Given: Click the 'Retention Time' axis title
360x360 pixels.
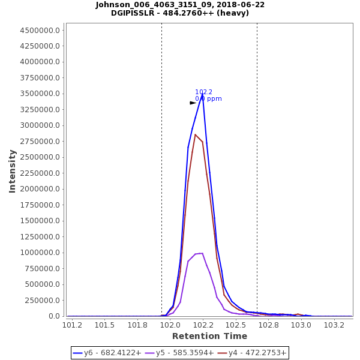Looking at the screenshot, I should [209, 336].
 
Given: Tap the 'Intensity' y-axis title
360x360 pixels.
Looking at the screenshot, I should [12, 171].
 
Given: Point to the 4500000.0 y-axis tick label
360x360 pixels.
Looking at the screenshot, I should [41, 30].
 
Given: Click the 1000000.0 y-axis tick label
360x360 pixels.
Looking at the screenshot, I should [41, 253].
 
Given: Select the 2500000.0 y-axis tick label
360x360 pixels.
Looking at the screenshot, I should [41, 157].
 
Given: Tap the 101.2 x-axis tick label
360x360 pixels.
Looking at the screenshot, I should [73, 325].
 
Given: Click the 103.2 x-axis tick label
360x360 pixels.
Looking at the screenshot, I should [334, 325].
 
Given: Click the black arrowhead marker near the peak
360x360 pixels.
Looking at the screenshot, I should [193, 103].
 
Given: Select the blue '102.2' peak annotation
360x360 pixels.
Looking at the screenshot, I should [203, 92].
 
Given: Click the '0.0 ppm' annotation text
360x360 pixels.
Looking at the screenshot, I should [208, 98].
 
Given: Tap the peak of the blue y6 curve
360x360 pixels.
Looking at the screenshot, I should [203, 94].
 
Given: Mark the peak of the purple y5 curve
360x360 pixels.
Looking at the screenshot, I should [202, 253].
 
